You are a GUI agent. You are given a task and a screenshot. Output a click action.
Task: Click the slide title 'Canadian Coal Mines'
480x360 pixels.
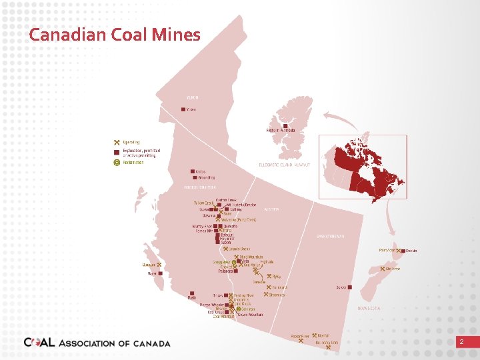click(x=115, y=35)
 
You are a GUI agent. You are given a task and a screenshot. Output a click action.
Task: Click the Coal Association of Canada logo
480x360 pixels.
click(x=97, y=343)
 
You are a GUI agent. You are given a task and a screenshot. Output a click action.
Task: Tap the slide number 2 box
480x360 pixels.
click(x=460, y=341)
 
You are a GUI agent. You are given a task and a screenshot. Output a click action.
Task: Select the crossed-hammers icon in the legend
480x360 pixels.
click(x=117, y=142)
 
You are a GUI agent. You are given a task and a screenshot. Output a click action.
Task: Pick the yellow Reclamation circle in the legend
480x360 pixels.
click(x=117, y=162)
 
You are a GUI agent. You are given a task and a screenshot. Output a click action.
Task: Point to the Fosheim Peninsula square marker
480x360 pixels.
click(x=285, y=126)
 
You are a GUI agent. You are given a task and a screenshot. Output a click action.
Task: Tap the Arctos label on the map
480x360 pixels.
click(x=201, y=171)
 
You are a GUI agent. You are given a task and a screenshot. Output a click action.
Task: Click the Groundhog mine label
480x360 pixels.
click(x=206, y=178)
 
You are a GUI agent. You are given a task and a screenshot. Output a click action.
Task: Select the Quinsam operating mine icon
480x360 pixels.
click(x=159, y=265)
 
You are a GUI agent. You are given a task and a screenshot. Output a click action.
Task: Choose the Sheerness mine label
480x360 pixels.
click(x=277, y=295)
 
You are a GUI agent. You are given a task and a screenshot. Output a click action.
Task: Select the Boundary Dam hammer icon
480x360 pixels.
click(x=328, y=347)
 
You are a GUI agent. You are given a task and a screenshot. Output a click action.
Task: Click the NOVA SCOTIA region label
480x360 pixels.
click(x=369, y=309)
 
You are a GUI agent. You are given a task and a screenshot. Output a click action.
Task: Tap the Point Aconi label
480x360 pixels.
click(x=386, y=251)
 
